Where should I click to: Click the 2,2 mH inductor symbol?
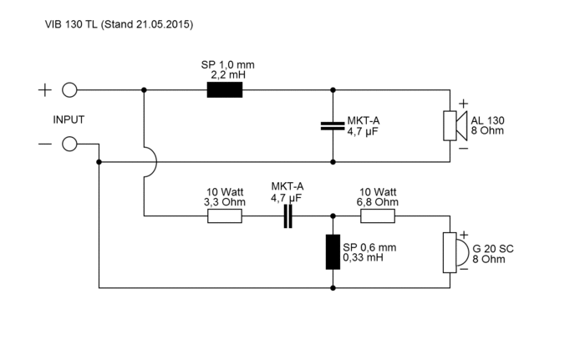pyautogui.click(x=225, y=90)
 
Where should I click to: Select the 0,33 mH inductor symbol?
pyautogui.click(x=333, y=251)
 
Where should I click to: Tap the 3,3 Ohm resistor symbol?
pyautogui.click(x=225, y=216)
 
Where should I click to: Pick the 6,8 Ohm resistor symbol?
pyautogui.click(x=378, y=216)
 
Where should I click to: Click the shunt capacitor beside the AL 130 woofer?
pyautogui.click(x=333, y=126)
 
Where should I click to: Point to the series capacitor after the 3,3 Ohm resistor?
pyautogui.click(x=288, y=216)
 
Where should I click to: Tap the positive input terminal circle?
pyautogui.click(x=69, y=90)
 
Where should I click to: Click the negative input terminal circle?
pyautogui.click(x=69, y=144)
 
